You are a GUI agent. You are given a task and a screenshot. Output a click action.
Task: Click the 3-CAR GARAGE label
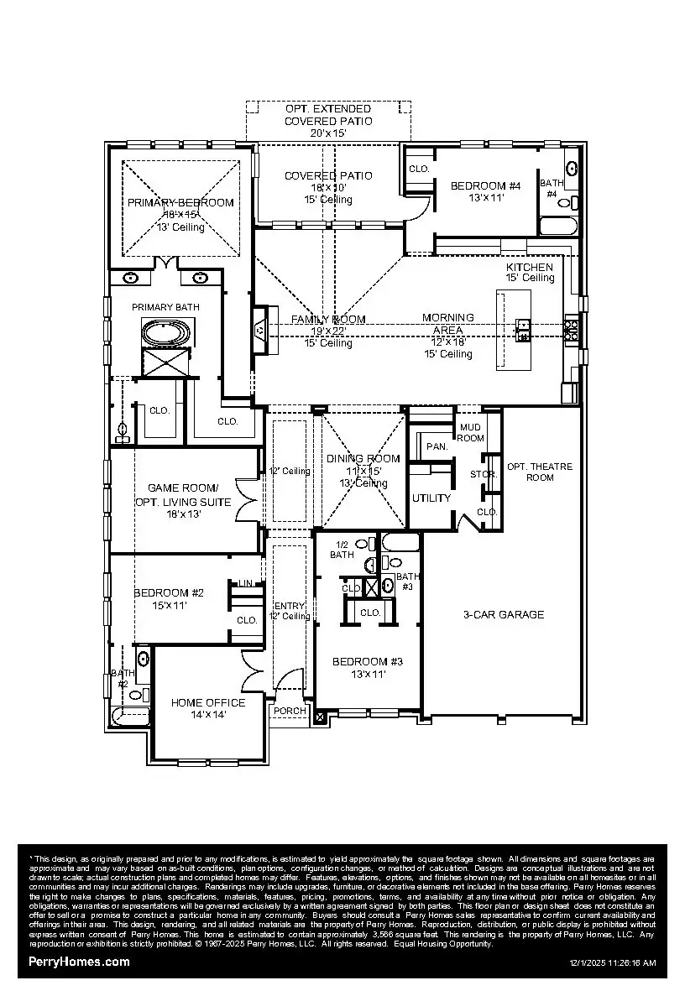[504, 614]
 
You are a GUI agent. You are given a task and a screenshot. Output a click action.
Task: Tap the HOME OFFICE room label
[208, 702]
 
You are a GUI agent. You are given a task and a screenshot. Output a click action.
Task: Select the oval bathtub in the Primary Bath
[165, 333]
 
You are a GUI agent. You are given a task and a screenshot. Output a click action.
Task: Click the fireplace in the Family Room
[260, 331]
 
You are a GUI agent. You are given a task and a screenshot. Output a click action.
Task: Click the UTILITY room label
[431, 498]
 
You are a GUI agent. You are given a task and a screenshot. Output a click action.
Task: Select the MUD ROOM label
[470, 432]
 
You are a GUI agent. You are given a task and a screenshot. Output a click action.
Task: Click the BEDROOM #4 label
[486, 185]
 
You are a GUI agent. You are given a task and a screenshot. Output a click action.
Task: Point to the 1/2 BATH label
[342, 549]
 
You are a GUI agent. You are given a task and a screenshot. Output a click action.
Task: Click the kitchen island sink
[522, 330]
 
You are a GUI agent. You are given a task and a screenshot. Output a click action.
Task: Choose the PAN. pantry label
[437, 447]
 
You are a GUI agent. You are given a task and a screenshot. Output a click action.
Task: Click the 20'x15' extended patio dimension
[327, 133]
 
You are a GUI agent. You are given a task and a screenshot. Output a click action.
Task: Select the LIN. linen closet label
[246, 583]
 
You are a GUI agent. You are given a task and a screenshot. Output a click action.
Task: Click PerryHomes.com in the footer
[79, 962]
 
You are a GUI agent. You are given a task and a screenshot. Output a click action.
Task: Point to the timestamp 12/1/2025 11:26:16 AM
[612, 963]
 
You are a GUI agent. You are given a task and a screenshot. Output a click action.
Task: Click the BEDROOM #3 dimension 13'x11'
[367, 673]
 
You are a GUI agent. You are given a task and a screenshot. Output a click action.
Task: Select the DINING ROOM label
[363, 458]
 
